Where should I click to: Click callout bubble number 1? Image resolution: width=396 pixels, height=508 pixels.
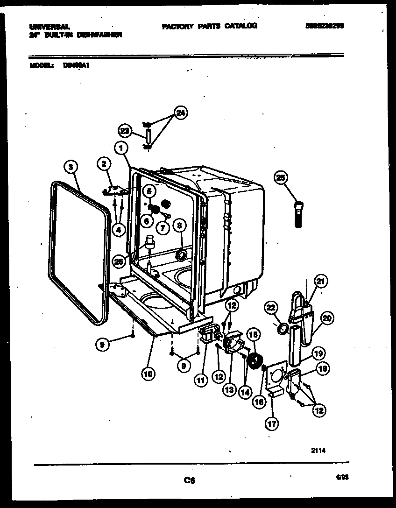coord(121,148)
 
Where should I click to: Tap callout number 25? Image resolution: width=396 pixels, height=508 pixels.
coord(280,177)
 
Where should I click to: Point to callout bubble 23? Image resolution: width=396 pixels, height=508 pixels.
coord(125,131)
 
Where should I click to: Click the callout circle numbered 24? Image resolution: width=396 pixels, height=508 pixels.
coord(180,113)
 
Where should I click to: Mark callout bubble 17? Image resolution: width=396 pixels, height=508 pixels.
coord(271,423)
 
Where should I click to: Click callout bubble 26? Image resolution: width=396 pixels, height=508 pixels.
coord(120,262)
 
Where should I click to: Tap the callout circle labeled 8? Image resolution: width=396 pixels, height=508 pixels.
coord(179,226)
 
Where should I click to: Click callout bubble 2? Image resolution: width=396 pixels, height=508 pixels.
coord(104,163)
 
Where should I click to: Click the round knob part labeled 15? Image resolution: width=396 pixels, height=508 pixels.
coord(255,360)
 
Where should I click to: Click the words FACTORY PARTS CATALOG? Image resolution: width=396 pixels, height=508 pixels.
coord(209,26)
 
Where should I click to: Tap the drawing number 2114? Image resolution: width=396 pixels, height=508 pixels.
coord(318,451)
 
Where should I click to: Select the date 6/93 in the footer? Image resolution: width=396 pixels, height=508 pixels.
coord(342,477)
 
